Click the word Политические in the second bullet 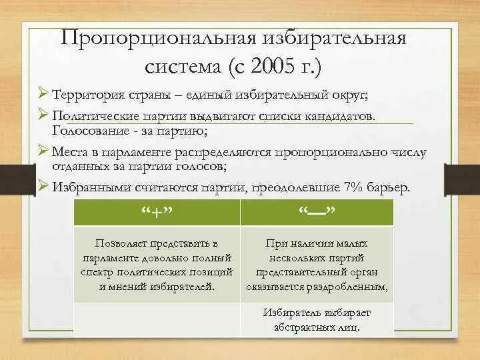(x=95, y=115)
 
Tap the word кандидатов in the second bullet (x=343, y=115)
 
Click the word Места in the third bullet (x=71, y=151)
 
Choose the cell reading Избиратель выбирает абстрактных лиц (x=316, y=320)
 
